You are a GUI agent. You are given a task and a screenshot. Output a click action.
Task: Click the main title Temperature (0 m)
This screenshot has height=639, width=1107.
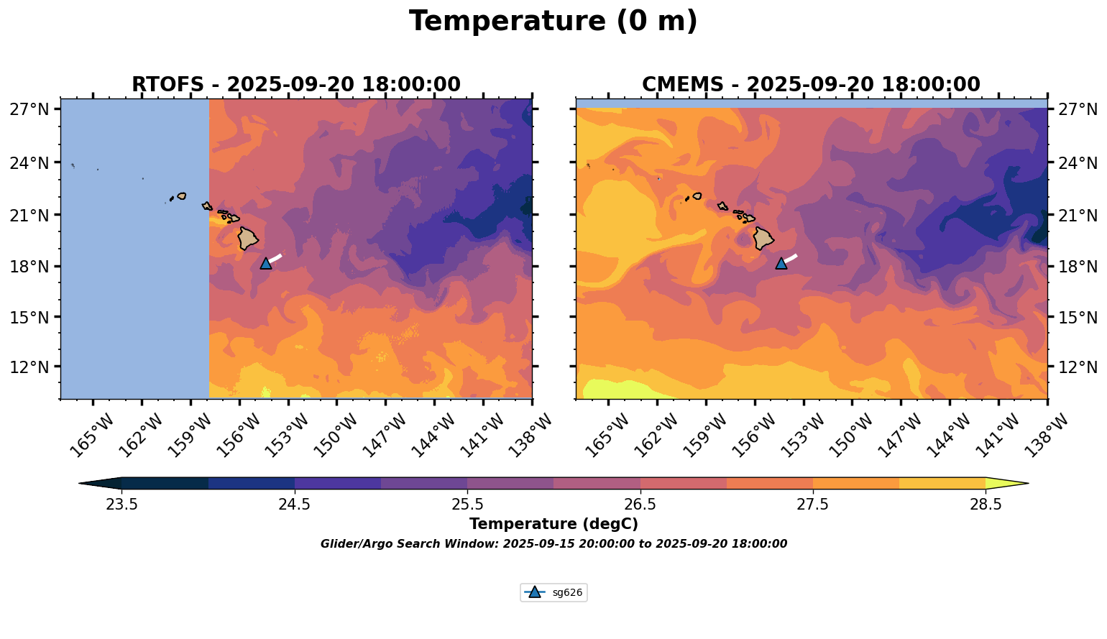coord(553,22)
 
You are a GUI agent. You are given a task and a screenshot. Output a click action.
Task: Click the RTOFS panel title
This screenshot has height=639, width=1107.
coord(295,85)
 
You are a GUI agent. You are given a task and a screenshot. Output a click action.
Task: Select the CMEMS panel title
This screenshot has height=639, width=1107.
coord(811,85)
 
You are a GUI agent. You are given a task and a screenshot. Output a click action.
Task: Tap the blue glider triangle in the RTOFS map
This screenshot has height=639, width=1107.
coord(266,263)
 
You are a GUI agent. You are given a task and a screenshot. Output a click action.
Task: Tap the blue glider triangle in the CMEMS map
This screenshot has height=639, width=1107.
coord(781,263)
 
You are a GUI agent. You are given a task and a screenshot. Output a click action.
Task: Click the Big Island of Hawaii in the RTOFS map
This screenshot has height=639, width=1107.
coord(248,238)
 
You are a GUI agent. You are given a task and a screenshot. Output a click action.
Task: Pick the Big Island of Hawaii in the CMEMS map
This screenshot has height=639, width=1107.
coord(763,238)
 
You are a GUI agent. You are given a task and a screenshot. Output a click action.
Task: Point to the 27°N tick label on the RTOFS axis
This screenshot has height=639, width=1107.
coord(29,109)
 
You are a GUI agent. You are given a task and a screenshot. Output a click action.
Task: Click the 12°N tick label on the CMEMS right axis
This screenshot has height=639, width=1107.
coord(1078,367)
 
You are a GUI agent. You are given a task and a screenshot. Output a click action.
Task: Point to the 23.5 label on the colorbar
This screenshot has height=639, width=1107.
coord(121,505)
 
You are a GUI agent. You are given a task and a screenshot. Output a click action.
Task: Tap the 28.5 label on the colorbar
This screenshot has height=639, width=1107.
coord(986,505)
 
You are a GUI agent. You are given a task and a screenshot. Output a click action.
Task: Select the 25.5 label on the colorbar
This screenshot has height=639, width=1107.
coord(467,505)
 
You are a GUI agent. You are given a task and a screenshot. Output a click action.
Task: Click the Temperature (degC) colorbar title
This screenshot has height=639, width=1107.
coord(553,524)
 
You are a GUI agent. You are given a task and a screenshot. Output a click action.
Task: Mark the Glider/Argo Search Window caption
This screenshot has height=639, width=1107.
coord(553,544)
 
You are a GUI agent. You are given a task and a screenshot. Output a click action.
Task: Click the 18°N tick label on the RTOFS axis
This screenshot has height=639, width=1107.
coord(29,267)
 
